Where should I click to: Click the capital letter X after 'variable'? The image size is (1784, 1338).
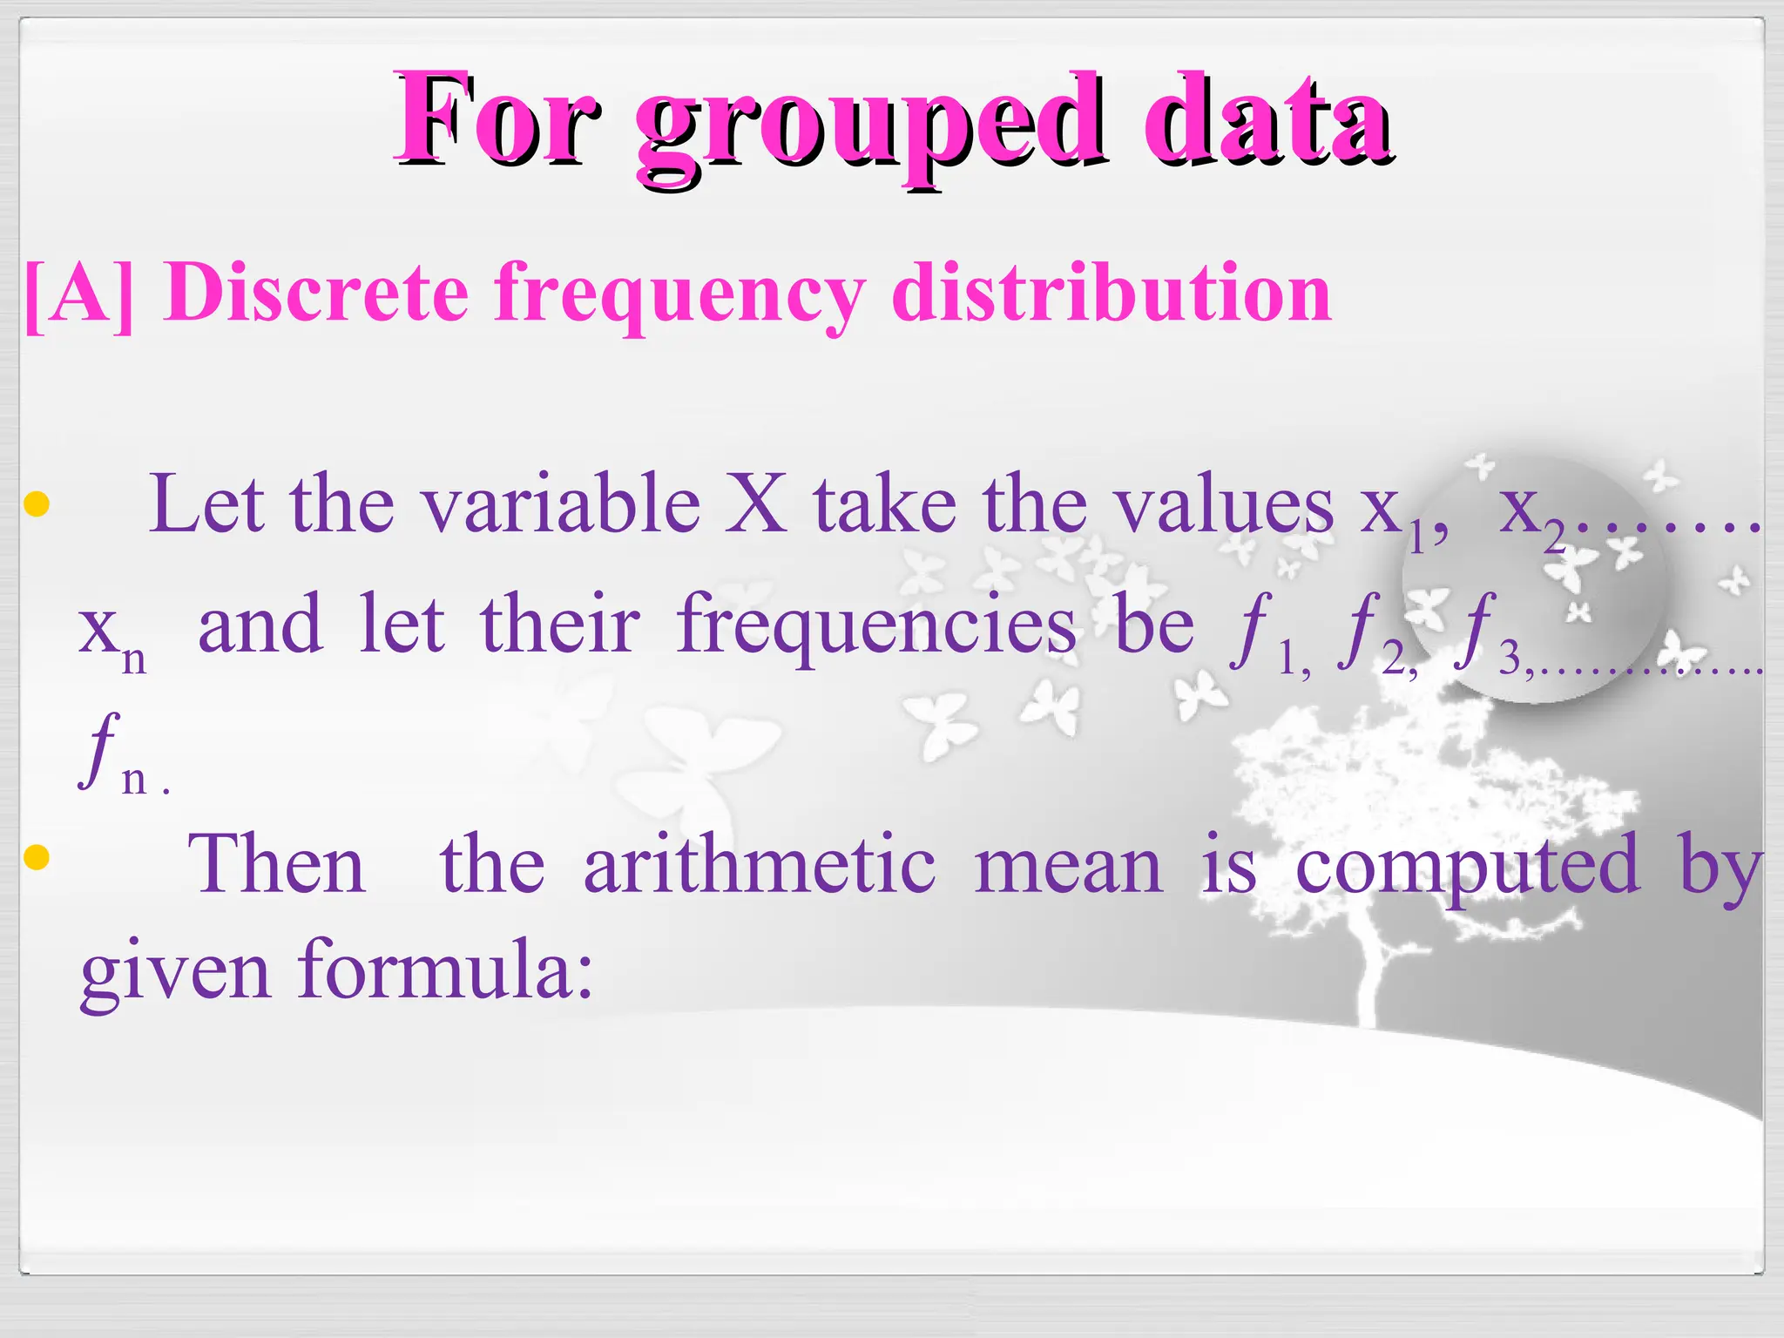click(x=756, y=504)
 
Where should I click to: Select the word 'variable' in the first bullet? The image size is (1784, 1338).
click(x=561, y=504)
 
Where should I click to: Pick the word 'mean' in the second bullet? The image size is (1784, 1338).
click(x=1069, y=866)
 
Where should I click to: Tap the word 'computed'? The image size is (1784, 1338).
click(x=1468, y=866)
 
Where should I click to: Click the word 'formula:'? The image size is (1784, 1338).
click(x=445, y=970)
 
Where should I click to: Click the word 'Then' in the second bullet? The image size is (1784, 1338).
click(x=276, y=864)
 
